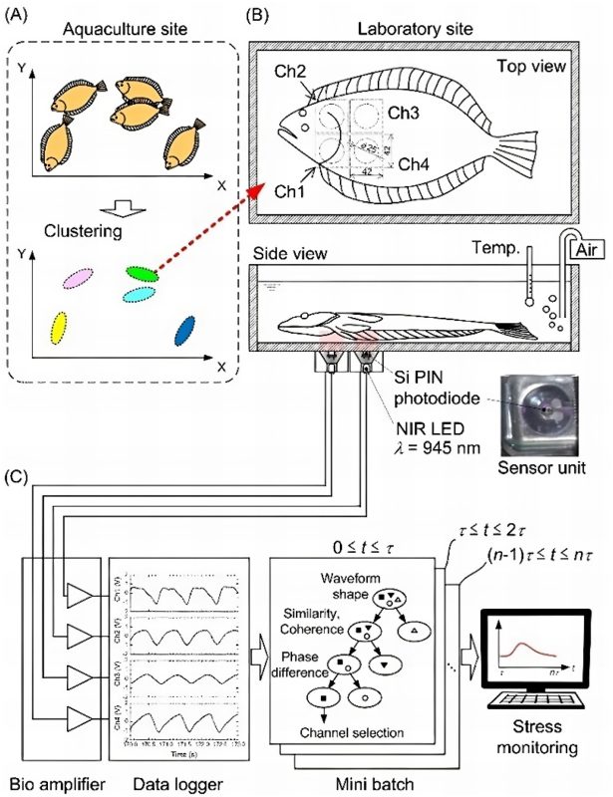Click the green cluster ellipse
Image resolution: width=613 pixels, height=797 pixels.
point(143,271)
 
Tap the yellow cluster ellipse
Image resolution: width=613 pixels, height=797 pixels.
point(60,326)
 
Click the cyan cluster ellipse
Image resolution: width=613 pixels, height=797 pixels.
point(139,295)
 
